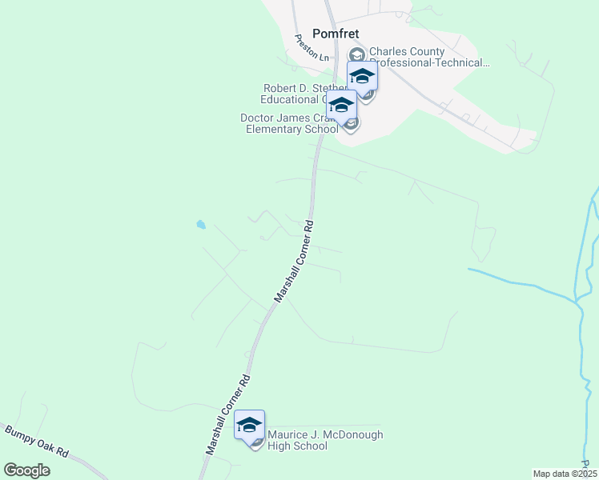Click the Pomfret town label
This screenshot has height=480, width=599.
click(334, 34)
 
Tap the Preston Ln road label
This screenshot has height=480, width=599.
click(312, 48)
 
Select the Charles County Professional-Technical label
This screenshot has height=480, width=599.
click(429, 58)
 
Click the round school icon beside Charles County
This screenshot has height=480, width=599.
click(356, 54)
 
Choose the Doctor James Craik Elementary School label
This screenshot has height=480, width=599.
click(287, 123)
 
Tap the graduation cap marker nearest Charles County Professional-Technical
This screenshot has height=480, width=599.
click(362, 78)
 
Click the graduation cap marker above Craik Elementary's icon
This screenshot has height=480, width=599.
click(342, 106)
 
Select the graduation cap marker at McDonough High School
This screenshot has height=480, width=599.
click(249, 425)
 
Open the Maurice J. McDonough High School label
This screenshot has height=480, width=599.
click(325, 440)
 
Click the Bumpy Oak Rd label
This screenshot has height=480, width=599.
click(37, 442)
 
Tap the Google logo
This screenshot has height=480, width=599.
click(26, 470)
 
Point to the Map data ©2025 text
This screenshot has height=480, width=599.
click(565, 474)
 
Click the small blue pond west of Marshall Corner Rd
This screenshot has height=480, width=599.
click(200, 225)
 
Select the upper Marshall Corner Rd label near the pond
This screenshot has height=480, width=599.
click(293, 262)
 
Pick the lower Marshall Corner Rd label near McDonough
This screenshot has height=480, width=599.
click(228, 414)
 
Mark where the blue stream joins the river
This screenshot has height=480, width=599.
click(577, 302)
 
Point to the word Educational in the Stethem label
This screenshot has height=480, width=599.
click(291, 99)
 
